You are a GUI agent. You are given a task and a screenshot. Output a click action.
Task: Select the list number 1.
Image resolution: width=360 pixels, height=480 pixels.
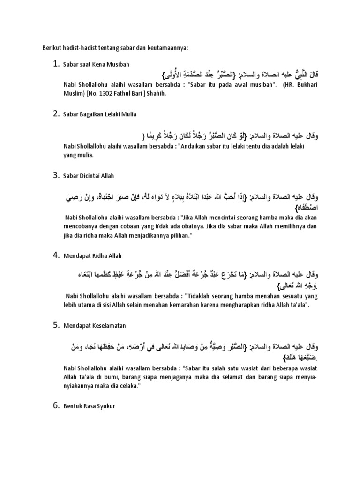pyautogui.click(x=55, y=64)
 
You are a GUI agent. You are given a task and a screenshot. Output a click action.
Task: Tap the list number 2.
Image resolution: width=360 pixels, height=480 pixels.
pyautogui.click(x=55, y=113)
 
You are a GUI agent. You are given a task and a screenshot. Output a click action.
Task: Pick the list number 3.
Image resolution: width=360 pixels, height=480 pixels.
pyautogui.click(x=55, y=175)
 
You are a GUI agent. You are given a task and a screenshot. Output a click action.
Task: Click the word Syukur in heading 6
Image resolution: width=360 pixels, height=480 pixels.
pyautogui.click(x=105, y=406)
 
